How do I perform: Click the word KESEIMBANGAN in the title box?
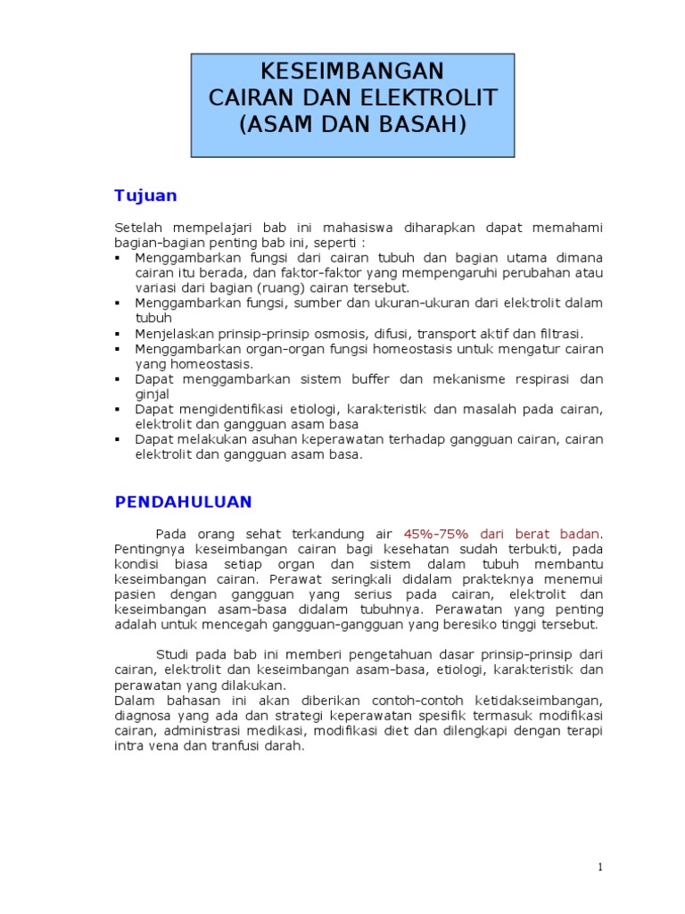351,71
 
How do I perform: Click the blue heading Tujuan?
145,195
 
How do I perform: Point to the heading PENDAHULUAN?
184,502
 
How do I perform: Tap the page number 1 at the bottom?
601,868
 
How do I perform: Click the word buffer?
371,378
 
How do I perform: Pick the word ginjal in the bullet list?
152,394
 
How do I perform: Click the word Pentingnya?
152,548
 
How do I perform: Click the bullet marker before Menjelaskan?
119,333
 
